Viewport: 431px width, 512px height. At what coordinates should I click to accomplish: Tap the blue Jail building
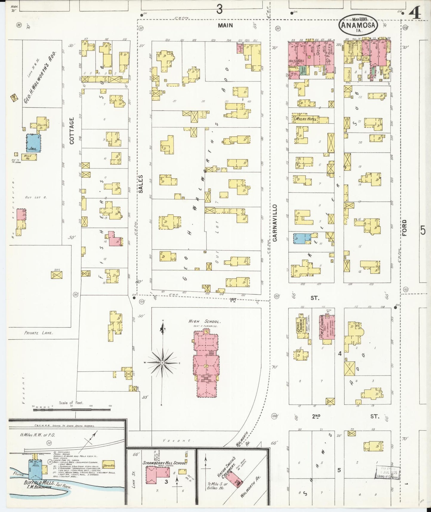(33, 143)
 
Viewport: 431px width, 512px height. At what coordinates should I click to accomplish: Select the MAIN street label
(225, 25)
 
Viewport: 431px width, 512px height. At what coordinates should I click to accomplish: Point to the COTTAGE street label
(72, 131)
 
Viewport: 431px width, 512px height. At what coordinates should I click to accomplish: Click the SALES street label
(141, 184)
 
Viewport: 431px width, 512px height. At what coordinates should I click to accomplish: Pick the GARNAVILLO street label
(275, 223)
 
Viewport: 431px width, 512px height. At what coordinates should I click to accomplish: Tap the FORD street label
(404, 228)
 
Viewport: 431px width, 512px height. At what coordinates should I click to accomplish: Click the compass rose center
(162, 363)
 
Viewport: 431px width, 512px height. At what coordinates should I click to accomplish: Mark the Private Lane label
(38, 333)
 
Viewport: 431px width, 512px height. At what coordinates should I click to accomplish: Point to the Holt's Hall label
(296, 61)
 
